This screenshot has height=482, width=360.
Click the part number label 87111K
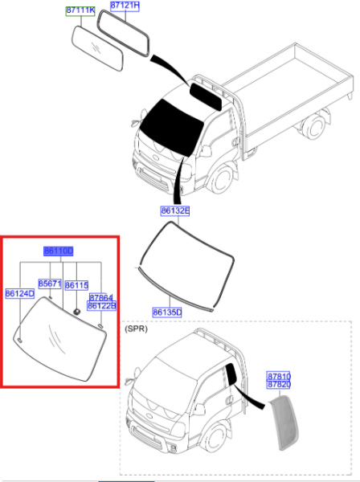coord(80,10)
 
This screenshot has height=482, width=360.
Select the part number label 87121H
coord(125,6)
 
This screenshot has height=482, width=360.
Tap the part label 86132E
coord(175,210)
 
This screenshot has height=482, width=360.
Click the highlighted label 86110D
coord(59,251)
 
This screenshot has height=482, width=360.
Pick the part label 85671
coord(50,284)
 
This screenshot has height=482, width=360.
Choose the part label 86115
coord(76,285)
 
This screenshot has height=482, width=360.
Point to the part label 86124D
coord(20,293)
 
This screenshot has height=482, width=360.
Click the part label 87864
coord(100,297)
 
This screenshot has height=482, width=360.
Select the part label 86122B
coord(101,306)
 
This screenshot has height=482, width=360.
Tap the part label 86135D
coord(167,312)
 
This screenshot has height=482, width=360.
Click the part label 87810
coord(279,376)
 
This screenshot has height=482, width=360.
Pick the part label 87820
coord(279,385)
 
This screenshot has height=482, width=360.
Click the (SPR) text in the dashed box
coord(136,329)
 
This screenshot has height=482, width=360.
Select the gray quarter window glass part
coord(284,423)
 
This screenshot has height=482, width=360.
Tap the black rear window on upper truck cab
coord(206,96)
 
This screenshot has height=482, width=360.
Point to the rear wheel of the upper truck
coord(313,126)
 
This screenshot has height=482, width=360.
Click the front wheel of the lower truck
coord(216,438)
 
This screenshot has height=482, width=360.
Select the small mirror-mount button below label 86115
coord(76,312)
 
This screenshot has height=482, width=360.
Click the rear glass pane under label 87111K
coord(97,48)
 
